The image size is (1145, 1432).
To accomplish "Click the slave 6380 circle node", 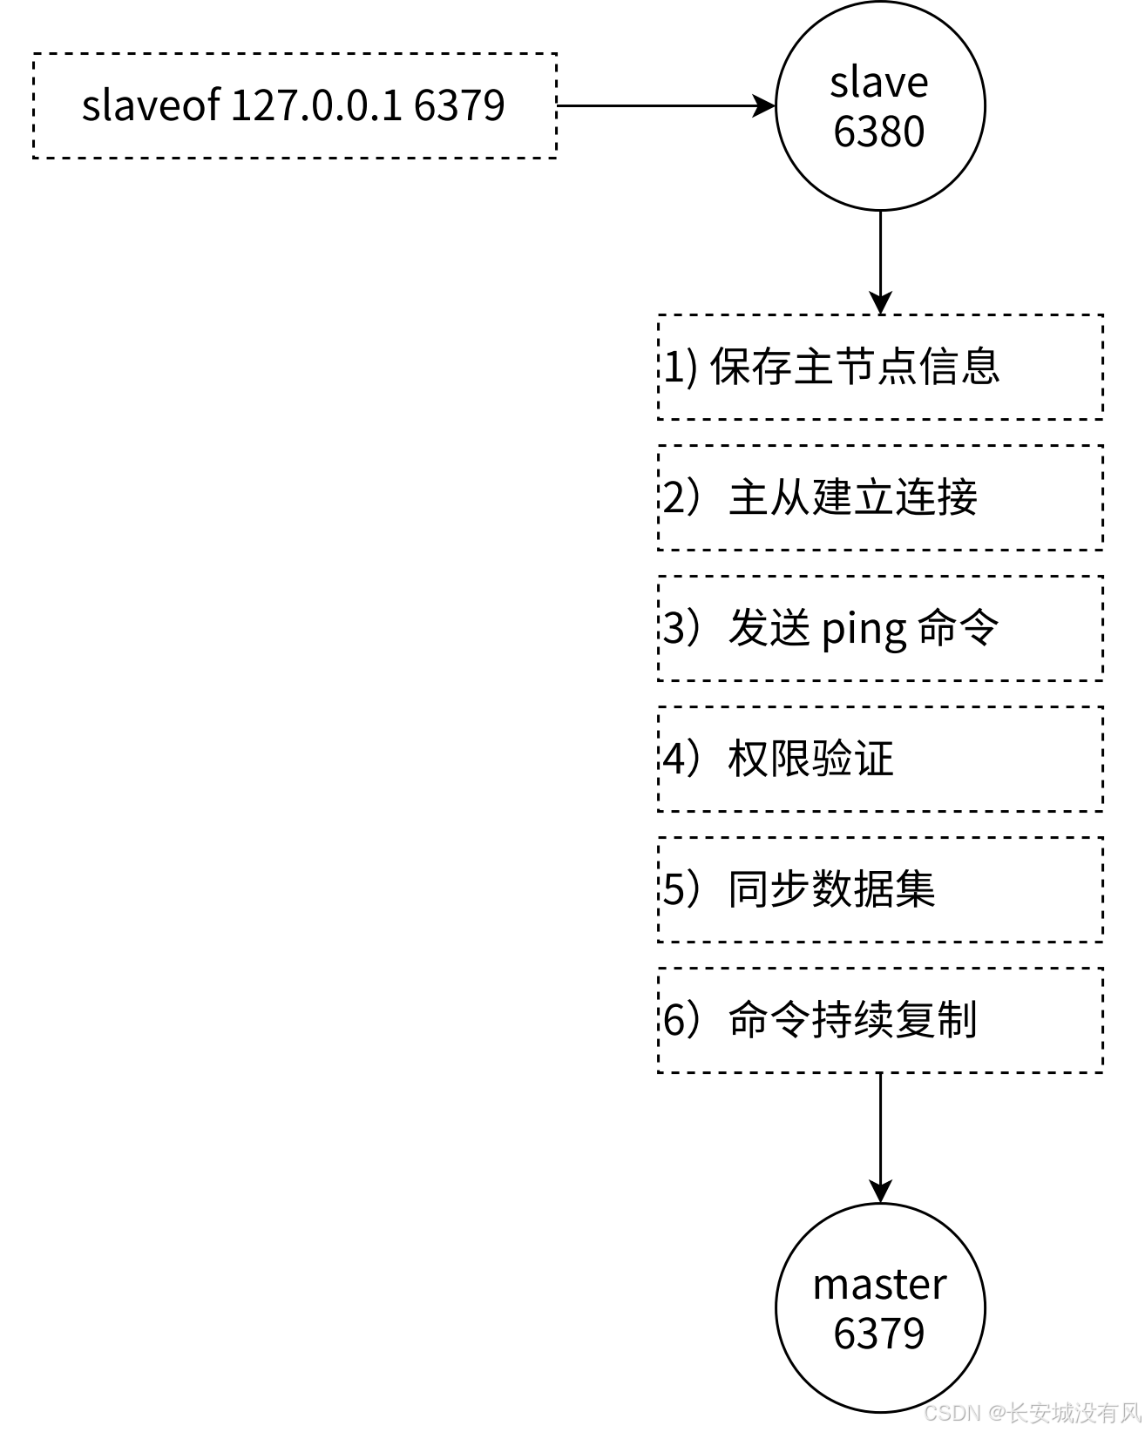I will pos(880,105).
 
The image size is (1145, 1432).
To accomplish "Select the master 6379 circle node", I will pos(880,1307).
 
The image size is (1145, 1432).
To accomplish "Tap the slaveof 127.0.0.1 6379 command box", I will pos(295,105).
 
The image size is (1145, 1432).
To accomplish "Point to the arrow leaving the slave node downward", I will pos(881,261).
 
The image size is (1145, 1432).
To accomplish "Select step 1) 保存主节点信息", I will pos(880,367).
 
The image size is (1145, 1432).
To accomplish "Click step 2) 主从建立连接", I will pos(880,497).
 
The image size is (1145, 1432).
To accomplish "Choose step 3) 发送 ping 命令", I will pos(880,628).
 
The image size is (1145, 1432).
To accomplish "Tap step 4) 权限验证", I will pos(880,759).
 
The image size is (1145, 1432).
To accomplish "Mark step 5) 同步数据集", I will pos(880,889).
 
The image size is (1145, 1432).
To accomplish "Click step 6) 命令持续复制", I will pos(880,1020).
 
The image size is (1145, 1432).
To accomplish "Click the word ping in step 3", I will pos(864,630).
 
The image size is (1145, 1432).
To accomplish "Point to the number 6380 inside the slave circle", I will pos(878,132).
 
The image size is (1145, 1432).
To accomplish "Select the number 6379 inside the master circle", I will pos(878,1333).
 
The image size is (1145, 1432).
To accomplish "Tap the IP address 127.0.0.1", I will pos(316,105).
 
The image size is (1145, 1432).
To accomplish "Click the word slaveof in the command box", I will pos(151,105).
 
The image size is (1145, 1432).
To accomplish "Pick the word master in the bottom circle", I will pos(879,1285).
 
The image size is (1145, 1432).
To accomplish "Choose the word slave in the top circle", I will pos(878,83).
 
